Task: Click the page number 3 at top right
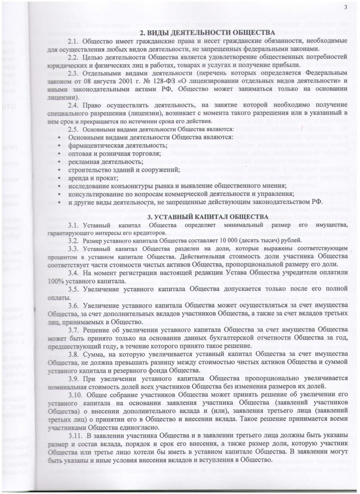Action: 346,6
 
